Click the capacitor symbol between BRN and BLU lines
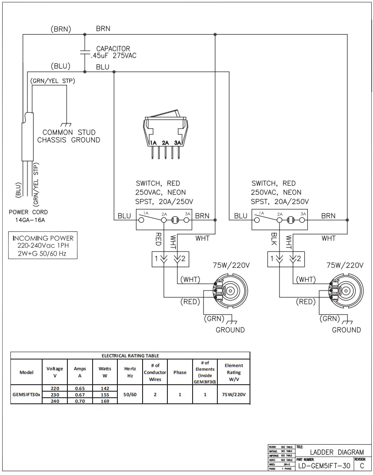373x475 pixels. coord(84,52)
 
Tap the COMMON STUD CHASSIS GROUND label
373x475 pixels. coord(69,136)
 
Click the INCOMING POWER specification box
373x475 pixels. coord(43,246)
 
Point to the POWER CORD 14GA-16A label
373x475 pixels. coord(28,216)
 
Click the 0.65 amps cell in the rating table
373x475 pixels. coord(80,388)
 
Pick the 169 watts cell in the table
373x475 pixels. coord(105,401)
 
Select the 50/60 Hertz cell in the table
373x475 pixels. coord(130,395)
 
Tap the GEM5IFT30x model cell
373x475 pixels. coord(26,395)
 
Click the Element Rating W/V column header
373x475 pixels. coord(233,372)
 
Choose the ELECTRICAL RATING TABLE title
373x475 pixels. coord(130,356)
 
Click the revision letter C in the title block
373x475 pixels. coord(362,466)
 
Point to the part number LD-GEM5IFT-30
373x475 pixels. coord(324,466)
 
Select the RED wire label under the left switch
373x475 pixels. coord(158,238)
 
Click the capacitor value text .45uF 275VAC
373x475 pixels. coord(110,56)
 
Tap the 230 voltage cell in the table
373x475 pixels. coord(55,395)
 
